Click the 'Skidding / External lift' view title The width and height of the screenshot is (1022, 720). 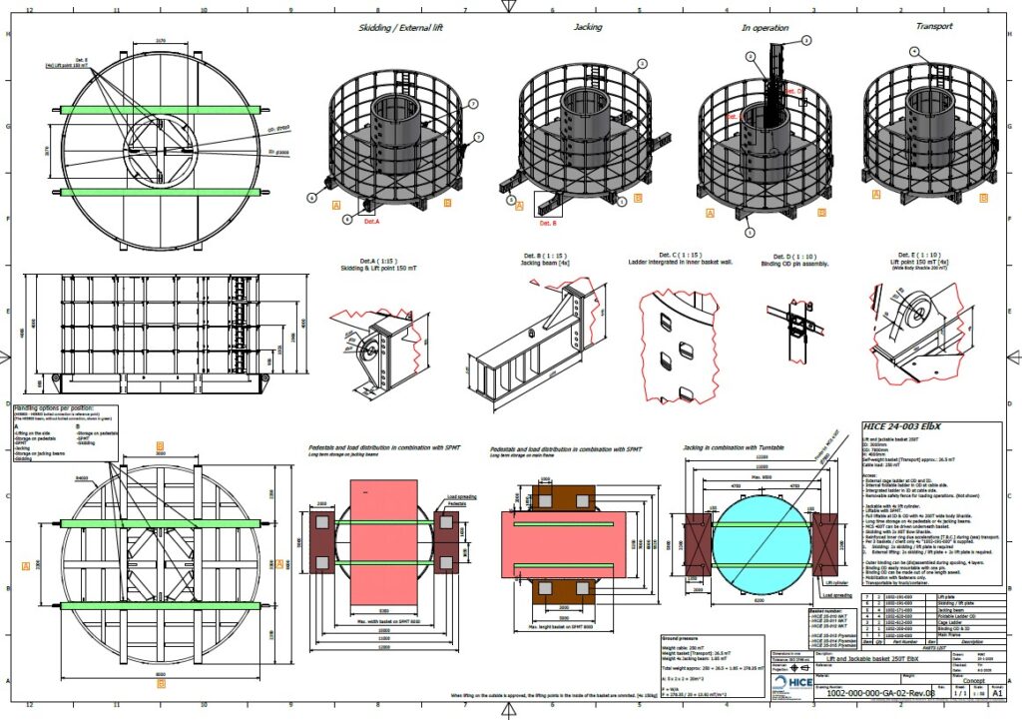click(x=399, y=28)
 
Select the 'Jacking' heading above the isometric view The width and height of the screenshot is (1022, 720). click(x=587, y=28)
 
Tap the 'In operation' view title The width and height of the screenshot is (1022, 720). click(x=765, y=29)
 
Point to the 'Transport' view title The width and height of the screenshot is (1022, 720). click(x=934, y=27)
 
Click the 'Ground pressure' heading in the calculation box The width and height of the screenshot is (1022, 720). click(x=685, y=637)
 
